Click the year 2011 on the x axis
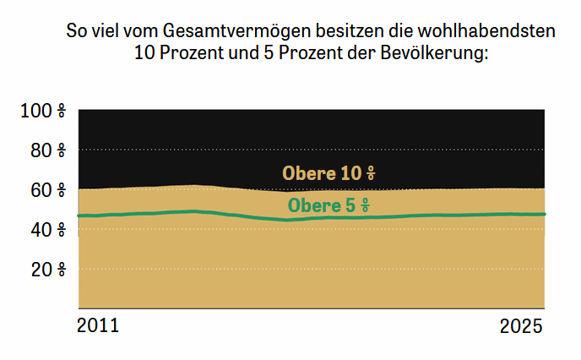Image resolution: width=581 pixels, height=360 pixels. click(x=98, y=326)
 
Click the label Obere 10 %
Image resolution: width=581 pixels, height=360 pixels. click(x=329, y=173)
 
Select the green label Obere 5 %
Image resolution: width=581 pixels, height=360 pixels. click(x=329, y=205)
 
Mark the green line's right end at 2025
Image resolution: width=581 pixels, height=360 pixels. click(x=545, y=214)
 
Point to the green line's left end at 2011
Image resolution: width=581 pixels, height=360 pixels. click(x=79, y=215)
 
